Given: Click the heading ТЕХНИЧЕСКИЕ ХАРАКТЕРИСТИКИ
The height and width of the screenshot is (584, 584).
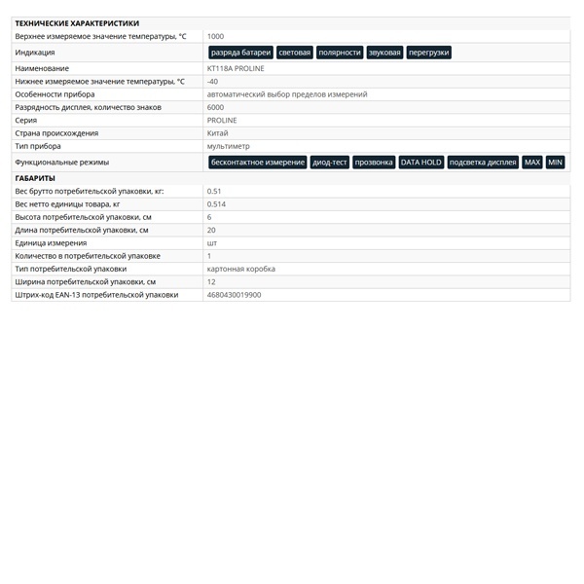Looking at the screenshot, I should [77, 23].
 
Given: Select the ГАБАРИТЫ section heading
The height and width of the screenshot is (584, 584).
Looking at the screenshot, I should [35, 178].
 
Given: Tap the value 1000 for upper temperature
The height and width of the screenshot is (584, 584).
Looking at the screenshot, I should [215, 36].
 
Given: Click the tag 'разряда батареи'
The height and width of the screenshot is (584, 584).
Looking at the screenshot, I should [240, 53].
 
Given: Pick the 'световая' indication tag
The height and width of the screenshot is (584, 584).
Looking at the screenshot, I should [295, 53].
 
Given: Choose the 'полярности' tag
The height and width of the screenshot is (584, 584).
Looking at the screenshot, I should [340, 53].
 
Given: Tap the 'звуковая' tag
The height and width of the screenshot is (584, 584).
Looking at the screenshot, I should [384, 53].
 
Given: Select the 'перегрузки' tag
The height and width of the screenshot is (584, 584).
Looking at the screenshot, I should [428, 53].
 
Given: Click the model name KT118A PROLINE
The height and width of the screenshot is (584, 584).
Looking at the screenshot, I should [236, 69].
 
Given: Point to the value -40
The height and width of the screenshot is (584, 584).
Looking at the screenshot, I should [212, 82].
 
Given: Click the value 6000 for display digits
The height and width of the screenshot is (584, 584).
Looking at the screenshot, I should [215, 107].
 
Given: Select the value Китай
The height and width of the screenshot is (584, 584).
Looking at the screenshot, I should [217, 133].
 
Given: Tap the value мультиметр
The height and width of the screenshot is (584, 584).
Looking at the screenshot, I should [229, 146].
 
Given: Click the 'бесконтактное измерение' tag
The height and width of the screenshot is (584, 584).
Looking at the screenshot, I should [258, 163].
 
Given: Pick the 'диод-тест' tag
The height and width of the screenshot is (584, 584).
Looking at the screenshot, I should [329, 163].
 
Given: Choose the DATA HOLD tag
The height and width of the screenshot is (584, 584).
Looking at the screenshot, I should [420, 163].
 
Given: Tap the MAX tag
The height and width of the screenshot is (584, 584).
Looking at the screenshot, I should [531, 163].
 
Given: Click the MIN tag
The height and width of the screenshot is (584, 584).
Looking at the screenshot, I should [555, 163].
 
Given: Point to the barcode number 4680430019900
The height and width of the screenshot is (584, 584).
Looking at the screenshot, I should [234, 294].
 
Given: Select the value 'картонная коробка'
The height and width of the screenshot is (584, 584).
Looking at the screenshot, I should [241, 269].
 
